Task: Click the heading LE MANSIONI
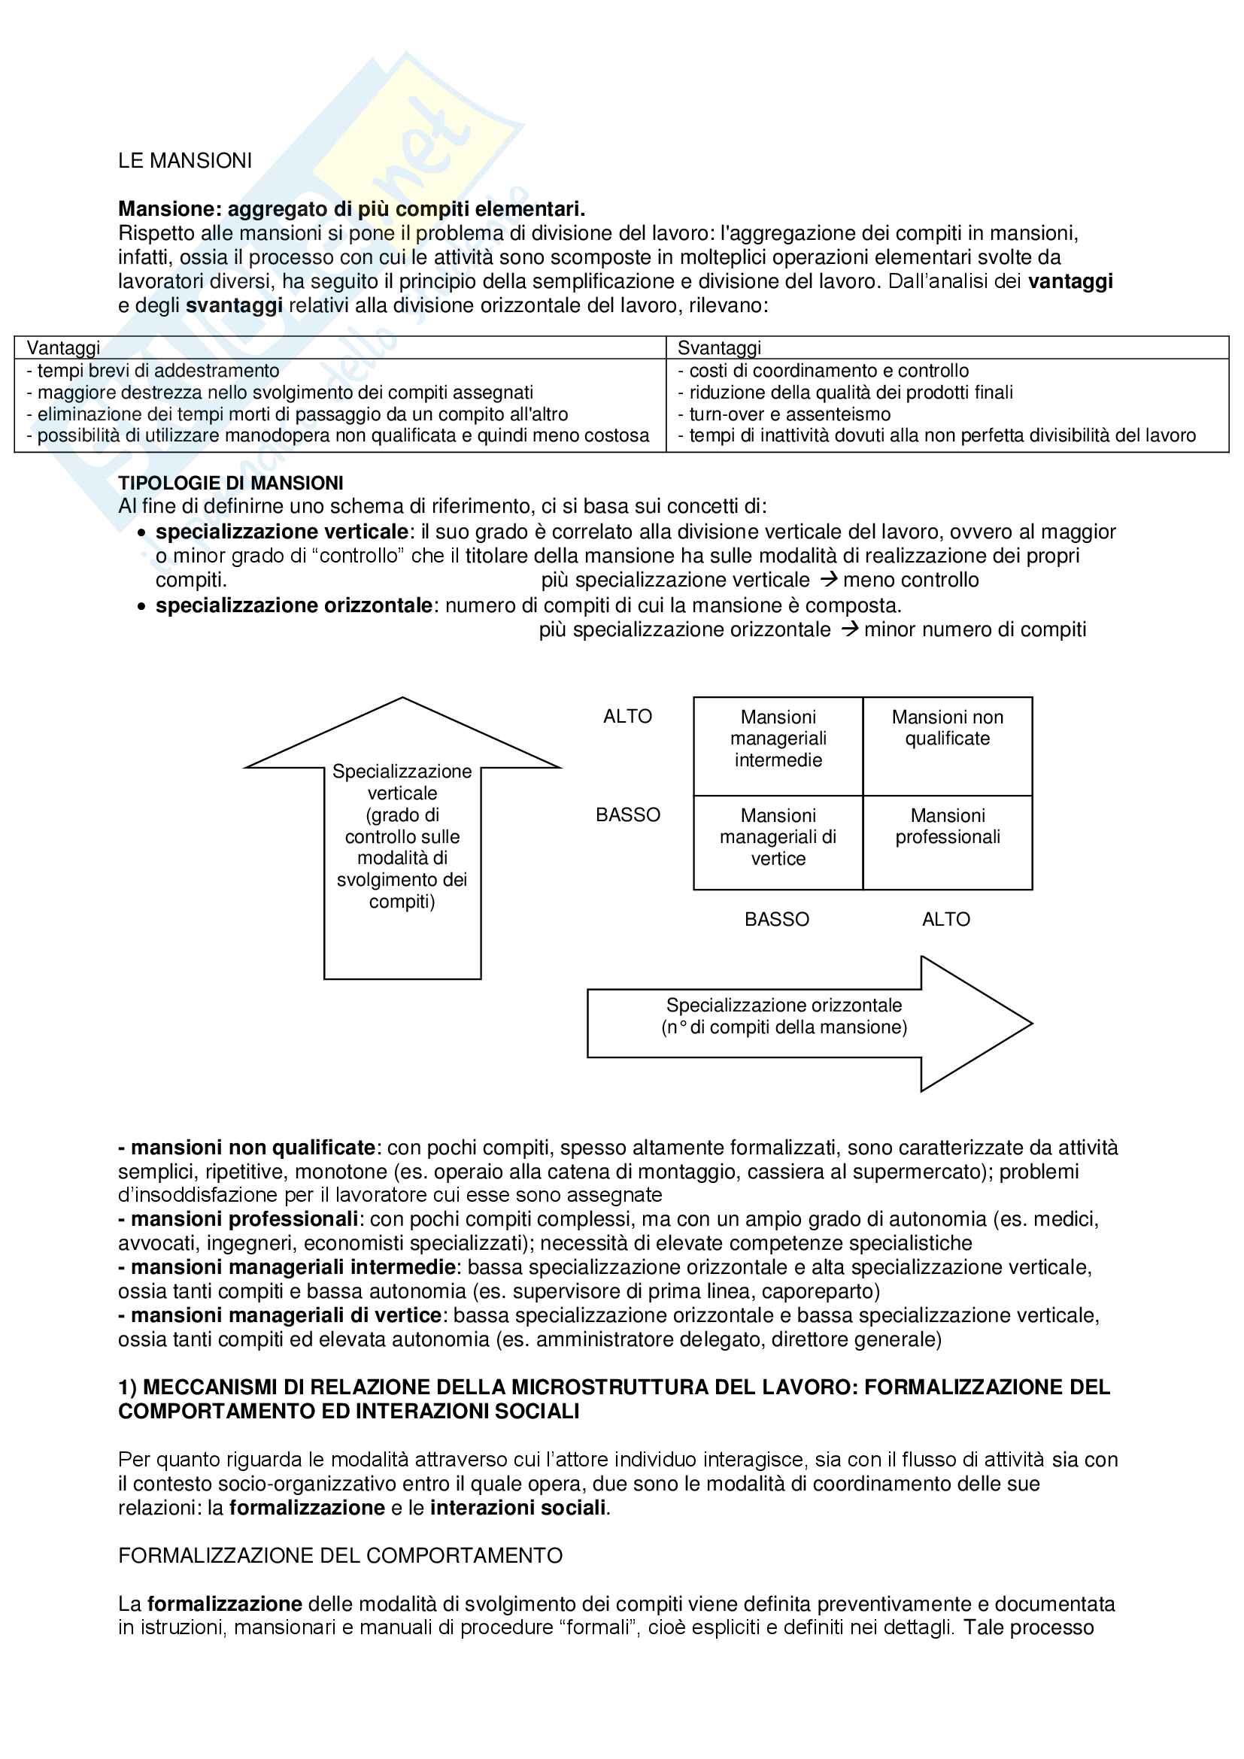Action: pyautogui.click(x=184, y=161)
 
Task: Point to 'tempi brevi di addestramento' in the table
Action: pyautogui.click(x=158, y=371)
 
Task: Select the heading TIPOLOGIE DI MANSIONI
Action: pyautogui.click(x=231, y=483)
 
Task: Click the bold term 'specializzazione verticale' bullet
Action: pyautogui.click(x=282, y=532)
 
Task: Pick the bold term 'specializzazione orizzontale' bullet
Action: pyautogui.click(x=294, y=605)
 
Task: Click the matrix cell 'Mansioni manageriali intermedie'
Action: pyautogui.click(x=778, y=738)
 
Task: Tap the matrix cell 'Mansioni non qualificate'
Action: pyautogui.click(x=948, y=728)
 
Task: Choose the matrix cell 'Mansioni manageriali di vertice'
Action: pyautogui.click(x=778, y=837)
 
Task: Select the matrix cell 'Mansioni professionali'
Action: pyautogui.click(x=948, y=826)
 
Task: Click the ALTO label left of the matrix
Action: pyautogui.click(x=627, y=717)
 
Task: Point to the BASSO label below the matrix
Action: pyautogui.click(x=777, y=919)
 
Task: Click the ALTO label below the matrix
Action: pyautogui.click(x=946, y=919)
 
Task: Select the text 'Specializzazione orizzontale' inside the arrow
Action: pyautogui.click(x=784, y=1005)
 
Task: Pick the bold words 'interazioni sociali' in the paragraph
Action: pyautogui.click(x=517, y=1508)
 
